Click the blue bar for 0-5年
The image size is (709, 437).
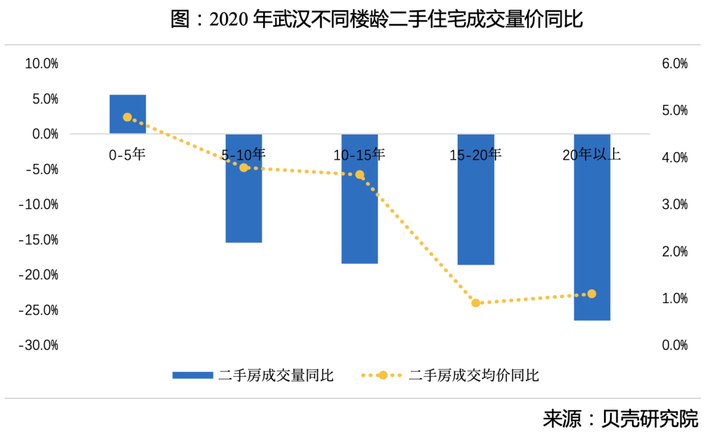click(x=127, y=114)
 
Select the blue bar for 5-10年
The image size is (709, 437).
click(x=244, y=188)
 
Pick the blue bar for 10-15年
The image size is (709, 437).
click(x=360, y=199)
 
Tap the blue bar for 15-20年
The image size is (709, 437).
click(x=476, y=199)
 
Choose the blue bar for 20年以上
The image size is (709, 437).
click(x=592, y=227)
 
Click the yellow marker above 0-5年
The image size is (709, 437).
click(x=127, y=117)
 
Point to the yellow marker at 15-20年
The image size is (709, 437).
click(x=476, y=302)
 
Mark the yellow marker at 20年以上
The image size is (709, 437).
click(x=592, y=294)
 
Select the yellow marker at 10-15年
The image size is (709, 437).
click(x=360, y=175)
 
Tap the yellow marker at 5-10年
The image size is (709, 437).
click(x=244, y=167)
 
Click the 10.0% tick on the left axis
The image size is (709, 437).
click(x=41, y=64)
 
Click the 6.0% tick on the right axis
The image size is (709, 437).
click(x=674, y=64)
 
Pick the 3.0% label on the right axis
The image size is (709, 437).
click(x=674, y=205)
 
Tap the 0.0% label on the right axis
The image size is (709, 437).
click(x=674, y=345)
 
